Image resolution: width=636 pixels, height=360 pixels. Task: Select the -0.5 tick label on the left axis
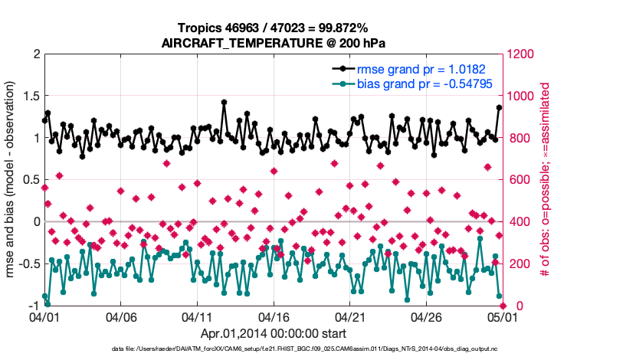point(28,263)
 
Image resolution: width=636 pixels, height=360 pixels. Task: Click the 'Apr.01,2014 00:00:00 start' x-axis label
point(273,333)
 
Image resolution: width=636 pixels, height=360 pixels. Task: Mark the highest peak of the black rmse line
point(224,102)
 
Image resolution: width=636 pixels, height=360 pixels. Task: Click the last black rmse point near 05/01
point(499,107)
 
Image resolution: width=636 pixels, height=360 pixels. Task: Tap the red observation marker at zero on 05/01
point(502,306)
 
